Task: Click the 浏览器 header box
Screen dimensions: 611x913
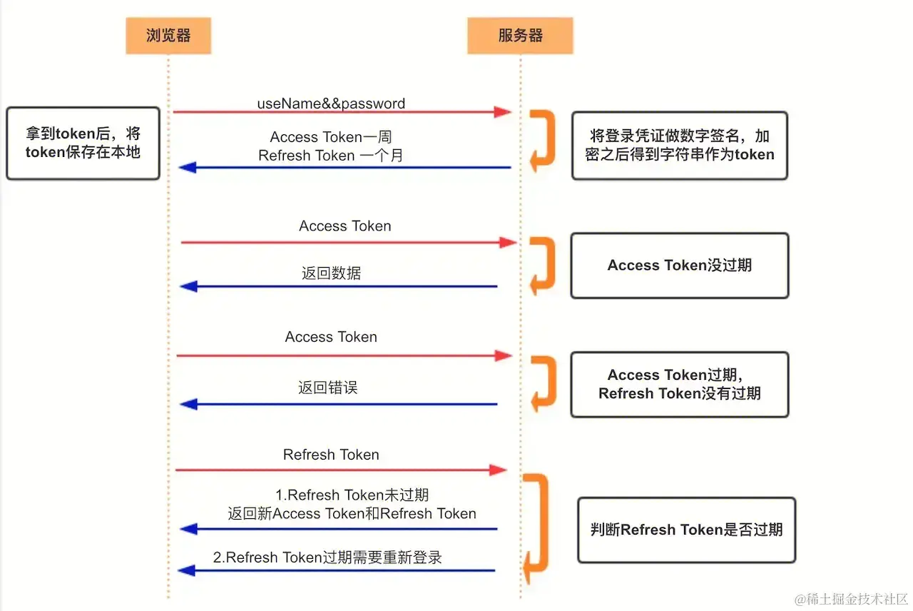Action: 168,35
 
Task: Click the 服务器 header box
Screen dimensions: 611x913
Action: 520,35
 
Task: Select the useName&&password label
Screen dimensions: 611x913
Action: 331,103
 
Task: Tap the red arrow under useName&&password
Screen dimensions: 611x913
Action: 342,112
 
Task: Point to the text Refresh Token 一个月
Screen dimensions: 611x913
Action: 331,155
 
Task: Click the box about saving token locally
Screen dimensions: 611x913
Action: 83,143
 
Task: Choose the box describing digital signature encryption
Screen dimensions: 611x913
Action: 679,145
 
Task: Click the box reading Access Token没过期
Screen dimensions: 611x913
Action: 679,266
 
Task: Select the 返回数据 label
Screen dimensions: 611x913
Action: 331,273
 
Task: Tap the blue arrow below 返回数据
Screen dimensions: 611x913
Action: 338,286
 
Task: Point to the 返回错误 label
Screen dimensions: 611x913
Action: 327,388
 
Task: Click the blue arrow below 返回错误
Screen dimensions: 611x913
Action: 338,405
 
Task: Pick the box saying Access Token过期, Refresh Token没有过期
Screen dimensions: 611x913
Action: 679,384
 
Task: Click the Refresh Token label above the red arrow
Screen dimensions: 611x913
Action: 331,455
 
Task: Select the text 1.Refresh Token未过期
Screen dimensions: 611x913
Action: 352,495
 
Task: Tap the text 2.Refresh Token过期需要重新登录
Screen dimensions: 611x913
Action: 327,557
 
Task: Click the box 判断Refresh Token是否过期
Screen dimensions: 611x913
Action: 685,530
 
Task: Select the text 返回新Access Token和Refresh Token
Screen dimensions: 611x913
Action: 352,514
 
